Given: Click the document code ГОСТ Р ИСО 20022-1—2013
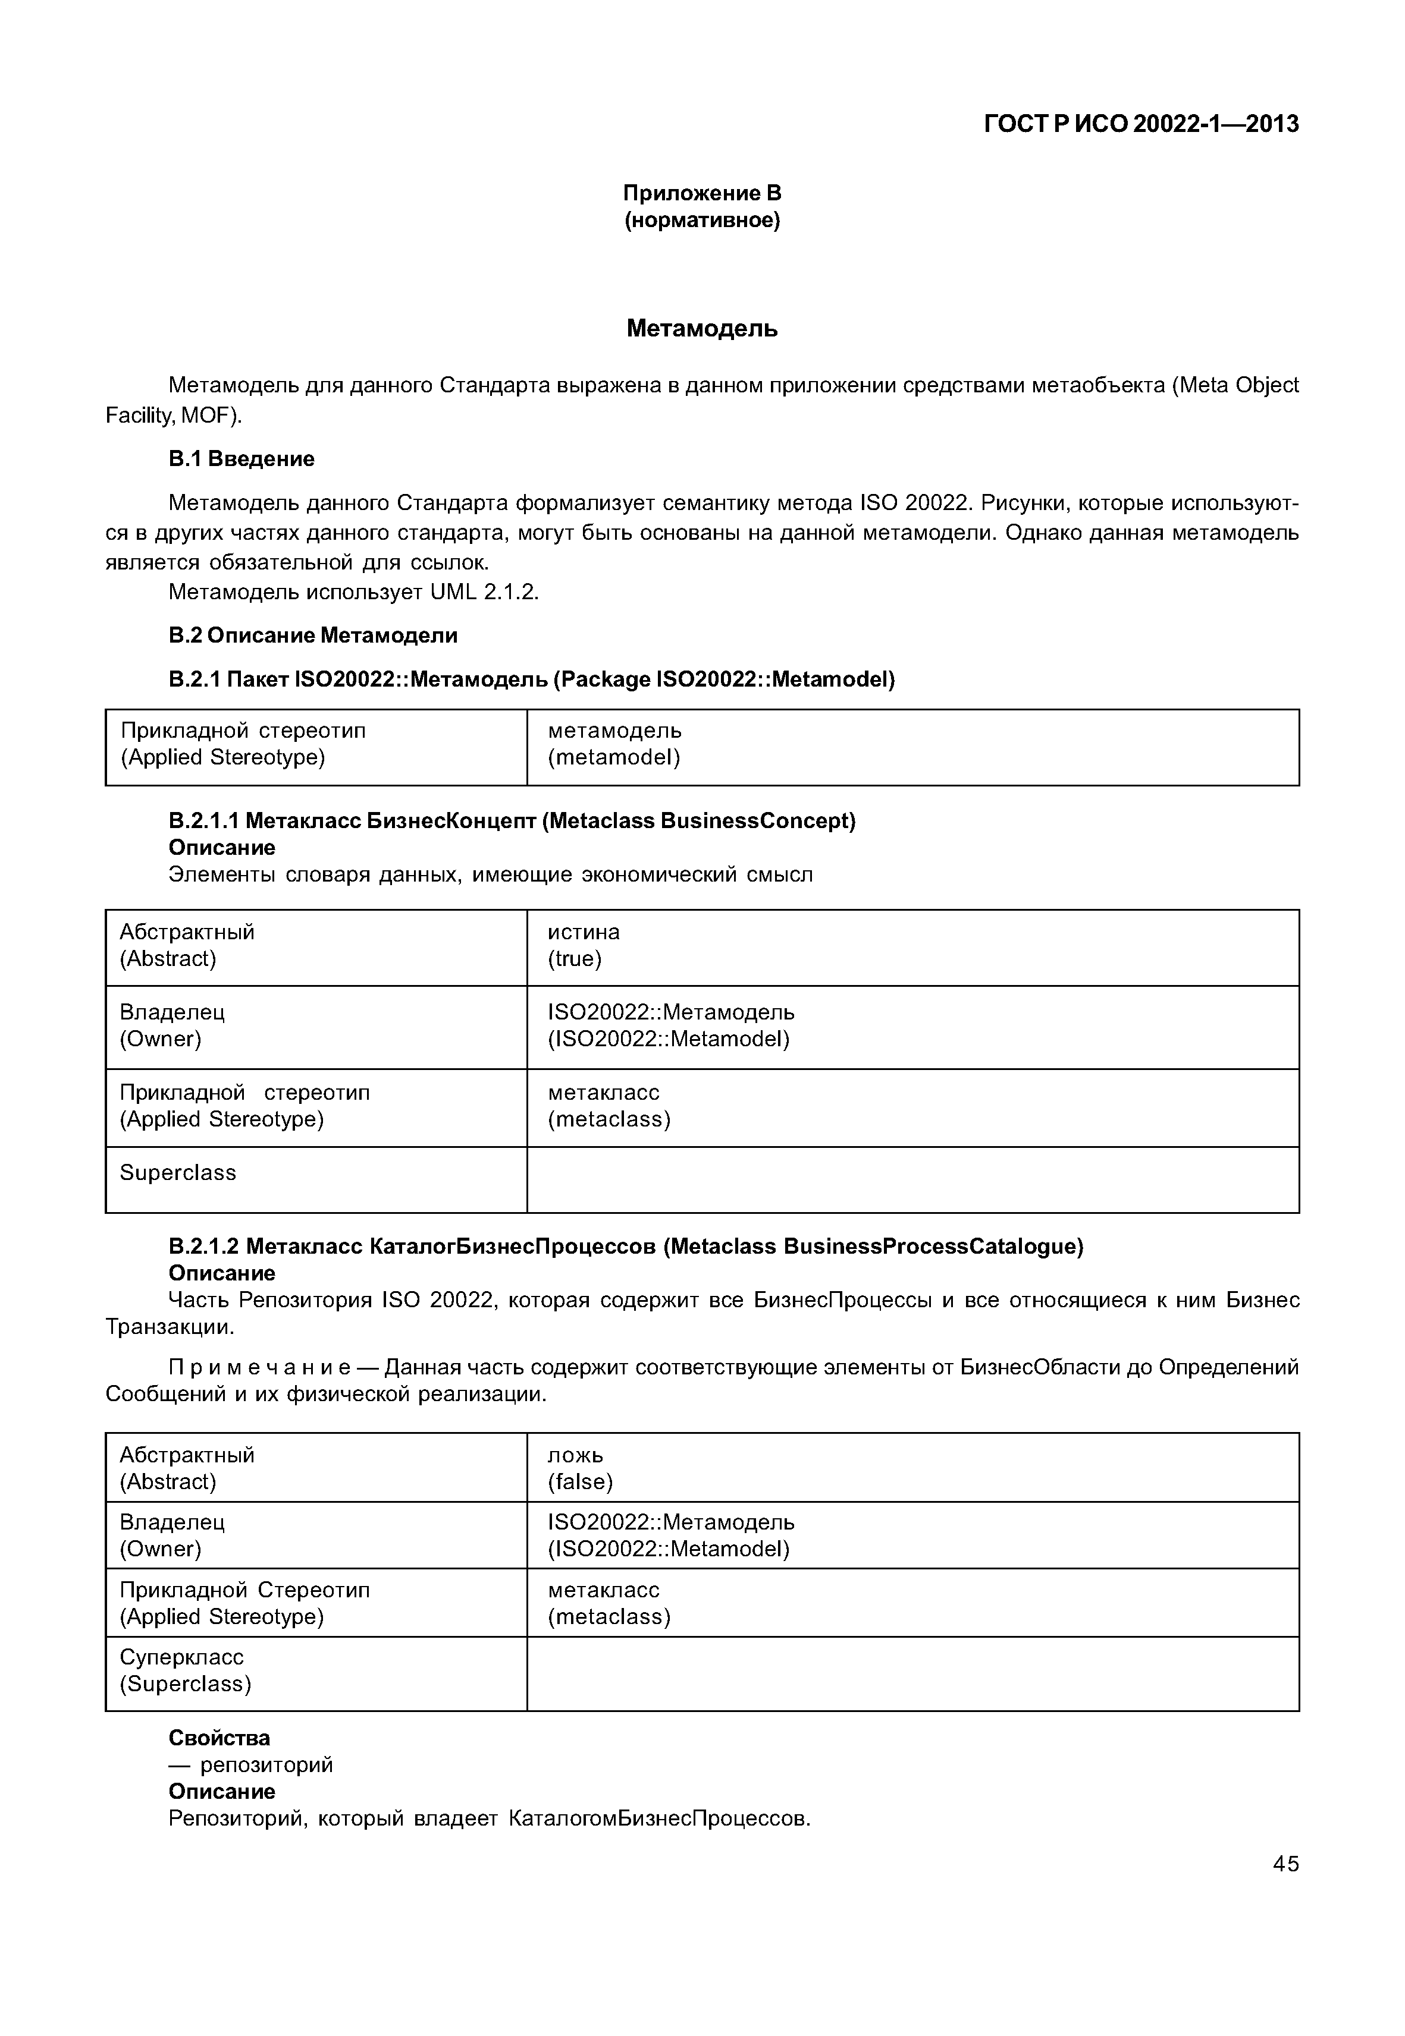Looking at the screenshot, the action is (x=1140, y=124).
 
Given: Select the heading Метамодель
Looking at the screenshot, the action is (x=702, y=329).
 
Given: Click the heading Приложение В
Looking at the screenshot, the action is (x=702, y=193).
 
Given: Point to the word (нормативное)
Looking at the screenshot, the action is (x=702, y=220).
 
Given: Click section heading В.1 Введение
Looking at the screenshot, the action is (x=242, y=460).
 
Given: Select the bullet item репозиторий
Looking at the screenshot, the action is (x=266, y=1765).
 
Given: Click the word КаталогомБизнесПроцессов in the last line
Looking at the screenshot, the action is (x=658, y=1818).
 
